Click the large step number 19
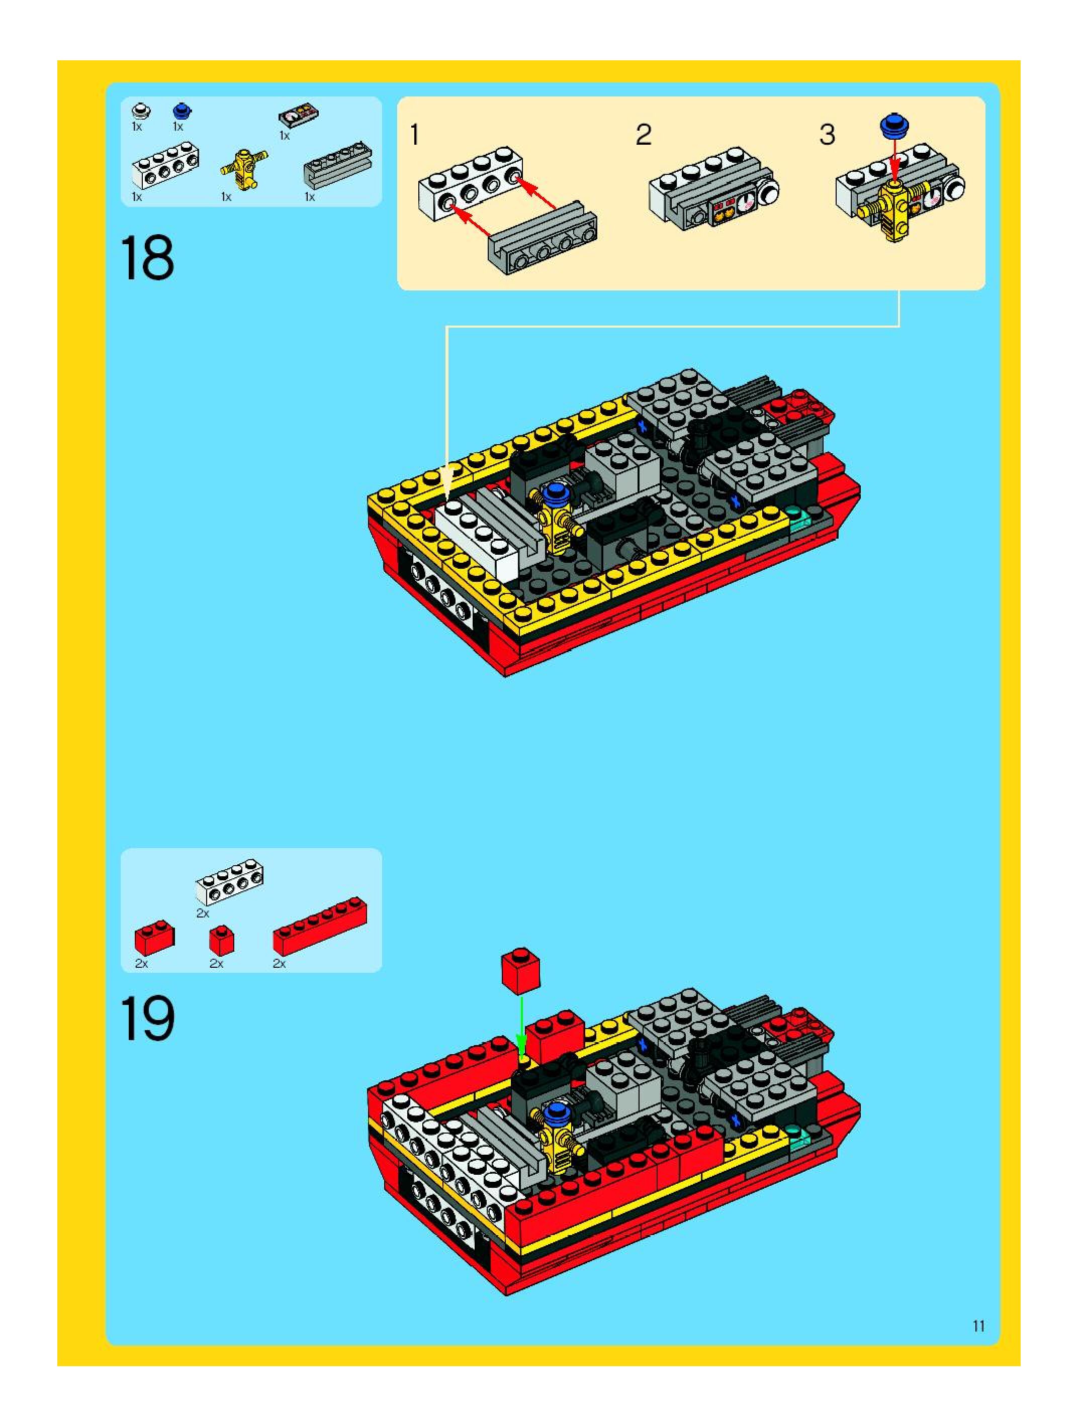pos(147,1018)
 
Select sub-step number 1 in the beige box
pos(415,135)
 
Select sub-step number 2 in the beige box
pos(644,135)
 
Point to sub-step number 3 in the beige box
pos(827,135)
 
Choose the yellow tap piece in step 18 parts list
pos(243,168)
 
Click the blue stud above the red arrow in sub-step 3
pos(894,125)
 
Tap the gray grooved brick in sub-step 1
pos(542,236)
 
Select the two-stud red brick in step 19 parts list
pos(154,938)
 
